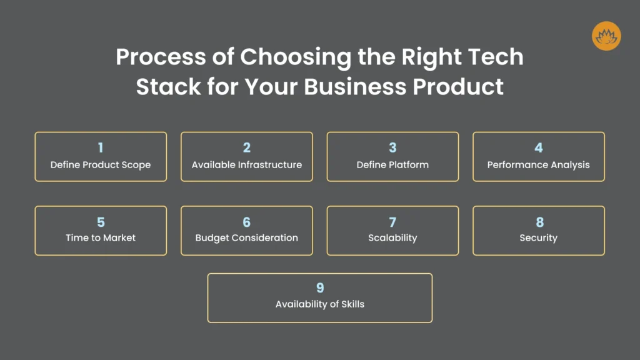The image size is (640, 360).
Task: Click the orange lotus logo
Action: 606,36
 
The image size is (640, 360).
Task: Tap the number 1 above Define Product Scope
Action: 101,147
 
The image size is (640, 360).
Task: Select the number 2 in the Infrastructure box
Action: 246,147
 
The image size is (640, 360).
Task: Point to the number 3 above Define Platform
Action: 392,147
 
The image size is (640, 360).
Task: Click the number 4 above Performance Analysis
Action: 539,147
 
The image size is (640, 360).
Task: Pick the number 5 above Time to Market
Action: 101,222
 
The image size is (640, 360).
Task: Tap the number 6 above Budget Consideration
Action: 246,222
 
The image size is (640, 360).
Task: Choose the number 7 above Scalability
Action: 392,222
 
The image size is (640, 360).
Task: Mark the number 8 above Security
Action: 539,222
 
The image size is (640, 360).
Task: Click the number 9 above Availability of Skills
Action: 320,288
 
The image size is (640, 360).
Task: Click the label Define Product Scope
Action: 101,165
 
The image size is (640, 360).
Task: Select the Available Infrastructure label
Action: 247,165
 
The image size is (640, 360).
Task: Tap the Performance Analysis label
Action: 538,165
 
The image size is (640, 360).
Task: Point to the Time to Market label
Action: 101,238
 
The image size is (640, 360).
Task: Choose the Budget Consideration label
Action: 246,238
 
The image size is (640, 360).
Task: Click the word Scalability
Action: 392,238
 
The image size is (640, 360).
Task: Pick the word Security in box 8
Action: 538,238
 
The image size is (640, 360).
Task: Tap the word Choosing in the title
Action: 296,57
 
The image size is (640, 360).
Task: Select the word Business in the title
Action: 355,86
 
